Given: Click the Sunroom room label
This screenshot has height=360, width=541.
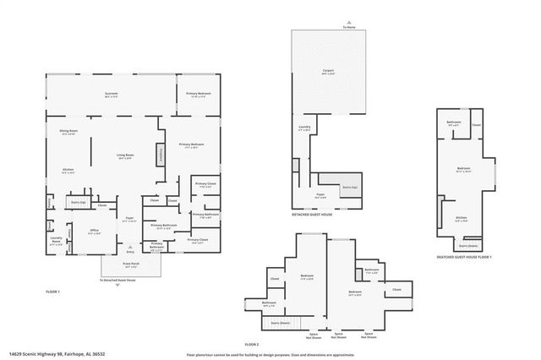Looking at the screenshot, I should [x=111, y=94].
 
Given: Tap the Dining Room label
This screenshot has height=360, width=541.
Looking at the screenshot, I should [x=68, y=132].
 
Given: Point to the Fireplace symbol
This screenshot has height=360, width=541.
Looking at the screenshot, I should [x=158, y=155].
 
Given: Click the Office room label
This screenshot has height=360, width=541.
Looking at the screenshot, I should [x=95, y=232].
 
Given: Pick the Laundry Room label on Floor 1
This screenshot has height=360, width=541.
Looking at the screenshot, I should [x=56, y=239].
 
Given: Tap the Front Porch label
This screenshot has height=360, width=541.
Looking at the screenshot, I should [x=129, y=264].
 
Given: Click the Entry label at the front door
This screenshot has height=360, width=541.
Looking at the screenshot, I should [x=129, y=251].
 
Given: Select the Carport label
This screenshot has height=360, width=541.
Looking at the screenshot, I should [x=329, y=71].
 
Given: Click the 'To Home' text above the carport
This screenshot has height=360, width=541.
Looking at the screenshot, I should [x=350, y=28].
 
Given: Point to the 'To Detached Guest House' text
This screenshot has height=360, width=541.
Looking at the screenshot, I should [x=117, y=280].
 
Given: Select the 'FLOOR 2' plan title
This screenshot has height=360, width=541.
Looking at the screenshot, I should [x=252, y=344].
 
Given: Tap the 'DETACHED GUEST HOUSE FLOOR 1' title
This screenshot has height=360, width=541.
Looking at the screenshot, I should [x=464, y=257].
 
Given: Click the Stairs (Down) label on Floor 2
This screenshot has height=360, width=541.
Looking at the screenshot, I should [x=280, y=323].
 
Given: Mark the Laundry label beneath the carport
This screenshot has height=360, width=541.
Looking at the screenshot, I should [x=304, y=128].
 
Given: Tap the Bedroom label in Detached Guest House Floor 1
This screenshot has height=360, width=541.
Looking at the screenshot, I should [x=463, y=169].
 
